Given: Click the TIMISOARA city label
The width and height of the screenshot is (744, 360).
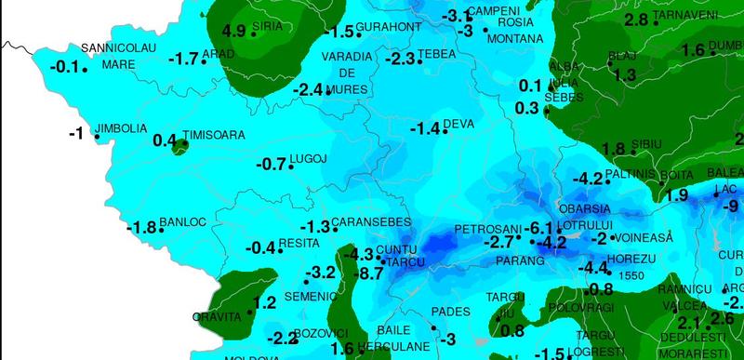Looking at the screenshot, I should coord(215,135).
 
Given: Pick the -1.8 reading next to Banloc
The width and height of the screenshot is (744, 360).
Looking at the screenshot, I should coord(142,228).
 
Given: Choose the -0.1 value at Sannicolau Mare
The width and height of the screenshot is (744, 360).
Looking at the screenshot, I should coord(63,66).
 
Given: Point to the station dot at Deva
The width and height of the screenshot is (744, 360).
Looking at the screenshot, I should coord(445,131).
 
